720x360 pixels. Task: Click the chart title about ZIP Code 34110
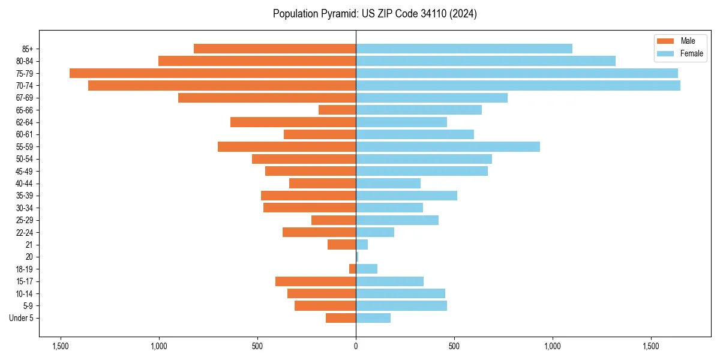(374, 14)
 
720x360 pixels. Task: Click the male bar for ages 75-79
(212, 73)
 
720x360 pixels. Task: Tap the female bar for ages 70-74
(518, 86)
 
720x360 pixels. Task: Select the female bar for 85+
(464, 49)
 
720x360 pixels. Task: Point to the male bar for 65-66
(337, 110)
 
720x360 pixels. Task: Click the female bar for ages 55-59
(448, 146)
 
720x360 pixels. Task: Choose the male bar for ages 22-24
(319, 232)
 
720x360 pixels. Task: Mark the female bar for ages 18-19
(367, 269)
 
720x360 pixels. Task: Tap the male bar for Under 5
(341, 318)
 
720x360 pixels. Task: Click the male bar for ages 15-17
(316, 281)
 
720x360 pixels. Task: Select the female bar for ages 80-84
(485, 61)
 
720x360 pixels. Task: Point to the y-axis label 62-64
(25, 122)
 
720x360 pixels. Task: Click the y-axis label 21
(29, 245)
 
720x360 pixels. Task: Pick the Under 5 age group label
(21, 318)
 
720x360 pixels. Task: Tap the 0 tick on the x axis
(356, 346)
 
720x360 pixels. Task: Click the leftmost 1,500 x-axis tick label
(60, 346)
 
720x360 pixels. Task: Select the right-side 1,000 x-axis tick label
(553, 346)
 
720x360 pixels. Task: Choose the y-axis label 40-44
(25, 184)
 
